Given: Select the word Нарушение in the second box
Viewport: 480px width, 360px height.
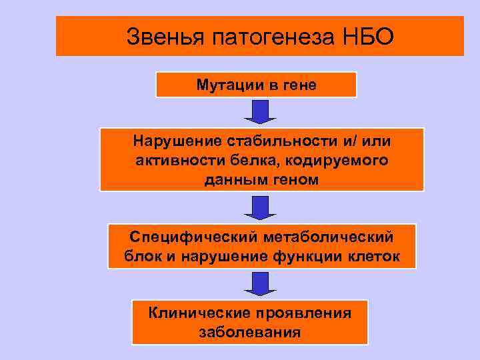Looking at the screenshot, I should click(x=171, y=142).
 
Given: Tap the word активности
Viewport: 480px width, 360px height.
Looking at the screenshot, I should click(x=174, y=161).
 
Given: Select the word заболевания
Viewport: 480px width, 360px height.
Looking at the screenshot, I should click(x=249, y=331).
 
